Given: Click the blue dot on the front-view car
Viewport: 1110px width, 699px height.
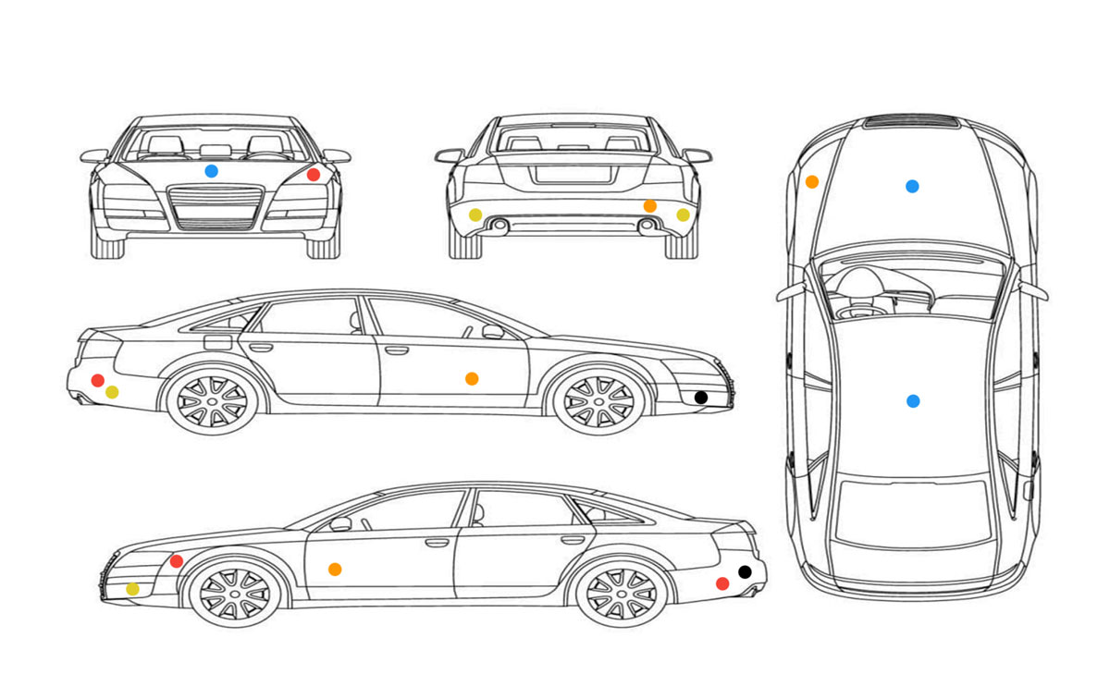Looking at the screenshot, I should [x=211, y=171].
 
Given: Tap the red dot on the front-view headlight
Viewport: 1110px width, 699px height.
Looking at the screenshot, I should [x=314, y=174].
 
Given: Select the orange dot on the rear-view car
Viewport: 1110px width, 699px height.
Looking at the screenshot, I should [x=649, y=205].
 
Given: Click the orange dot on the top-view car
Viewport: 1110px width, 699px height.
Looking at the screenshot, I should [x=811, y=181].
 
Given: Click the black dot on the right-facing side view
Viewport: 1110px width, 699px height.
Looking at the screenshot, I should [x=700, y=397].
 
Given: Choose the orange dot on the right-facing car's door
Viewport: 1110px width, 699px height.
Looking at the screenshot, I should [x=472, y=378].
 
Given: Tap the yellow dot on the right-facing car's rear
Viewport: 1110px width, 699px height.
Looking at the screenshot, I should [x=112, y=392].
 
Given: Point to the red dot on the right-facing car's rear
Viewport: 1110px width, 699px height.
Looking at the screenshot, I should [x=98, y=380].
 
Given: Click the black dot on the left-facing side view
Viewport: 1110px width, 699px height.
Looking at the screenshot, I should [x=745, y=571].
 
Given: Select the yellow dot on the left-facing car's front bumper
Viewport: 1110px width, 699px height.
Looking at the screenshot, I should [x=132, y=589].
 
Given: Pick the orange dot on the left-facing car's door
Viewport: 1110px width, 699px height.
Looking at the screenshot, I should [x=335, y=569].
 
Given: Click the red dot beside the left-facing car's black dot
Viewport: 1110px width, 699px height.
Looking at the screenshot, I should [x=722, y=583].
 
